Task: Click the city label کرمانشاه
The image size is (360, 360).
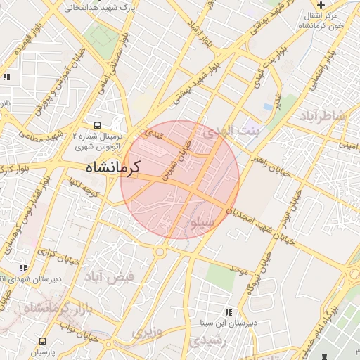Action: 112,167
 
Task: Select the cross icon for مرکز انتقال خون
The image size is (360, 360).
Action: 321,5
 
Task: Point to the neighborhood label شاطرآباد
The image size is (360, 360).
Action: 323,116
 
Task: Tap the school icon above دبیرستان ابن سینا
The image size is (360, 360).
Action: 227,312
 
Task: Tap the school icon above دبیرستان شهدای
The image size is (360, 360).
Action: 24,268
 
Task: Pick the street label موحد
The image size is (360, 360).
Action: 238,270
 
